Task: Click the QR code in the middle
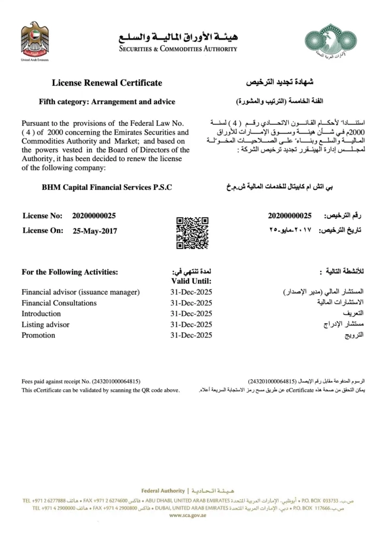click(193, 232)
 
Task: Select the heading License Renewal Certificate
click(107, 83)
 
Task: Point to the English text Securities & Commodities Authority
click(178, 48)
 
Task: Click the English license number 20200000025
click(94, 216)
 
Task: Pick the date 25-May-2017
click(94, 231)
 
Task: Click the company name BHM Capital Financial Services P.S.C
click(107, 187)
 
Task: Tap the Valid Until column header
click(191, 281)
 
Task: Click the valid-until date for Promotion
click(191, 335)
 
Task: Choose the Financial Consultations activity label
click(59, 303)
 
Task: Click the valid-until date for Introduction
click(191, 314)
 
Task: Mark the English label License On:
click(43, 231)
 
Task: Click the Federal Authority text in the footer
click(162, 490)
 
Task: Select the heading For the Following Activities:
click(69, 272)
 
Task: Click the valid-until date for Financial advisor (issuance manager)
click(191, 292)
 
